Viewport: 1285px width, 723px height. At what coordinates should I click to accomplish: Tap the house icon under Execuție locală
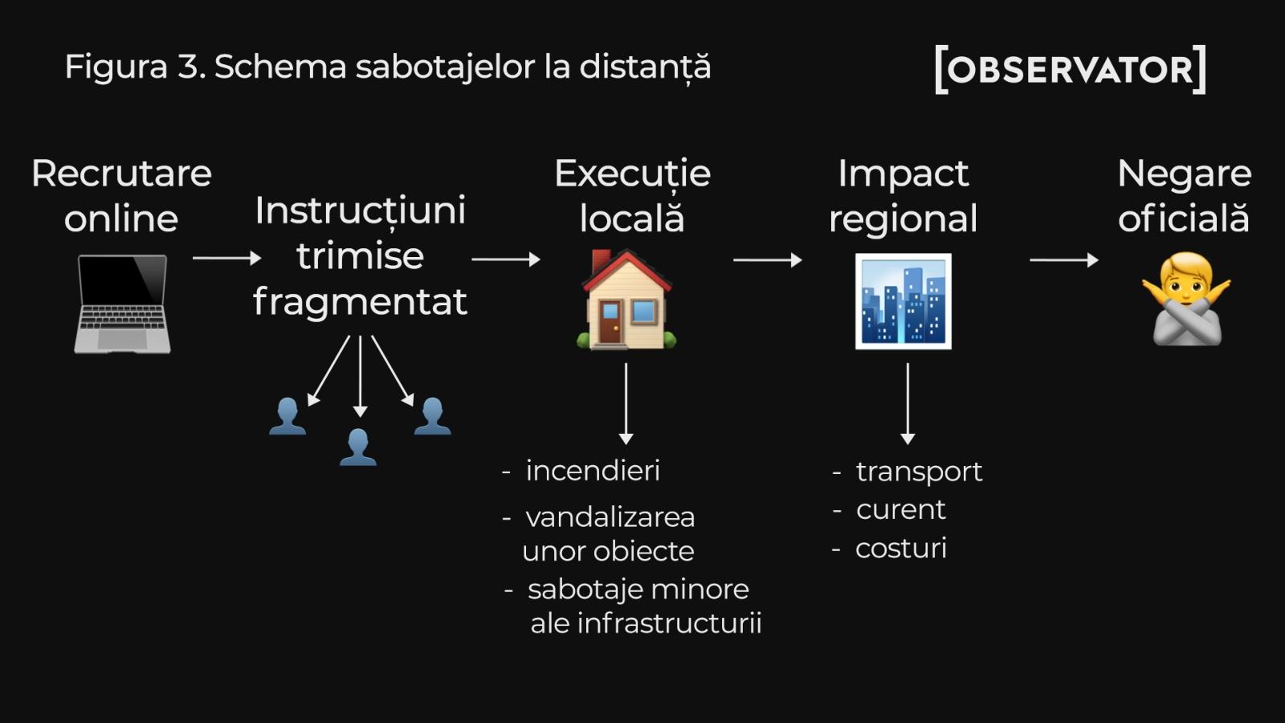(626, 300)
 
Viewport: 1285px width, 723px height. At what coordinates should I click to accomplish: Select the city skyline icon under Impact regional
(904, 301)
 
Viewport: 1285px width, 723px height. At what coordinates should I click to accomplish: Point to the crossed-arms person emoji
(1186, 300)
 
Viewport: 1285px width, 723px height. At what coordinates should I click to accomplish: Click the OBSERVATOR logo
(1071, 70)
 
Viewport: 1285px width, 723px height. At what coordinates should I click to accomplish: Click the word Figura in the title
(116, 67)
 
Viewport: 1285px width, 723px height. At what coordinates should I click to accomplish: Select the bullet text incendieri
(592, 471)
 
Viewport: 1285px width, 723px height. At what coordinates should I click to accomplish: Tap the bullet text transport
(919, 472)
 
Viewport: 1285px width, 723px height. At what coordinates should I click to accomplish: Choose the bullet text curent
(900, 509)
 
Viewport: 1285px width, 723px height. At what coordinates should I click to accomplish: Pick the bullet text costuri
(900, 548)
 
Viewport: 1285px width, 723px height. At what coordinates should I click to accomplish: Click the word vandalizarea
(610, 517)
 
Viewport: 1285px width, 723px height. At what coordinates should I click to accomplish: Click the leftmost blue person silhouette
(288, 416)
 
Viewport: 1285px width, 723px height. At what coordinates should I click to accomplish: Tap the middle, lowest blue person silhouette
(358, 447)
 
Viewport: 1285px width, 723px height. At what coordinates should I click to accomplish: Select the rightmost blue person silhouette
(432, 416)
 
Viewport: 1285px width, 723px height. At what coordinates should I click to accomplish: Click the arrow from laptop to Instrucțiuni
(226, 258)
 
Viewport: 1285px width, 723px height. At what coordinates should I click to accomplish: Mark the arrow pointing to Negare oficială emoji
(1063, 259)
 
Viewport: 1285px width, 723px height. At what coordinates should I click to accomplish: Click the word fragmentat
(360, 302)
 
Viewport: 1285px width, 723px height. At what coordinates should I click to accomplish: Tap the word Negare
(1184, 174)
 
